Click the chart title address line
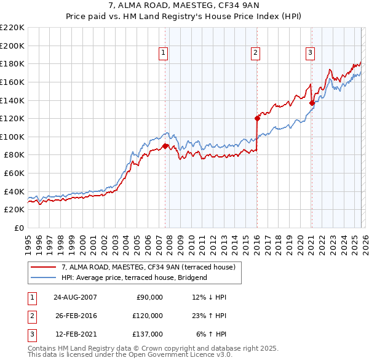pos(184,6)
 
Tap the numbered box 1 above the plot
pos(164,54)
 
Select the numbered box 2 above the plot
pos(255,54)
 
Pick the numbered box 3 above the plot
pos(311,54)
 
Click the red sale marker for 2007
pos(165,146)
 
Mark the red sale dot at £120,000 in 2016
pos(256,118)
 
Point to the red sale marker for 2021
pos(312,103)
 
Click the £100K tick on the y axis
pos(13,137)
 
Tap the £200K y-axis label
pos(13,46)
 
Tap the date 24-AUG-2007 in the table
pos(76,297)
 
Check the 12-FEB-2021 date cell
pos(76,334)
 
